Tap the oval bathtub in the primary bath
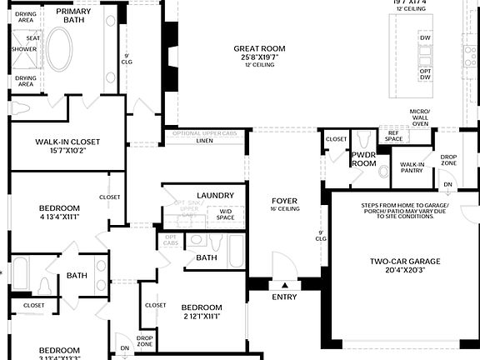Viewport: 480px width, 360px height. tap(59, 50)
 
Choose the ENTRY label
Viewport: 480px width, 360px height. tap(284, 297)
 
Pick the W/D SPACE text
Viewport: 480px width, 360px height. tap(226, 215)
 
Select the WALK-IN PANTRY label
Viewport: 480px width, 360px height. tap(412, 167)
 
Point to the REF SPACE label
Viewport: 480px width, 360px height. tap(392, 136)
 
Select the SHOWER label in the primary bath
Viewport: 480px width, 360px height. tap(24, 49)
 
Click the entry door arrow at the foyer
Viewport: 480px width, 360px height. tap(284, 284)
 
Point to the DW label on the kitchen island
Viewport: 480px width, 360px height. tap(426, 37)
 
